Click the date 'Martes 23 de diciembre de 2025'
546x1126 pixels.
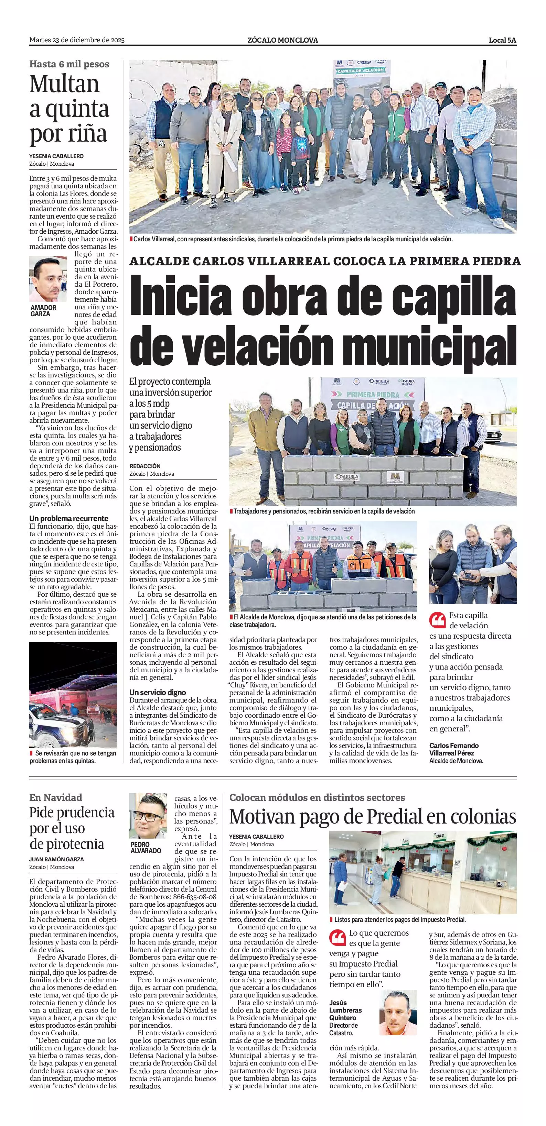click(77, 40)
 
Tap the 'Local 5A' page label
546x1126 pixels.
click(502, 40)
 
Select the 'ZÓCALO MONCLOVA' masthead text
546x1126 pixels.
click(282, 40)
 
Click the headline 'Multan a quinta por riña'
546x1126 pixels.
click(69, 109)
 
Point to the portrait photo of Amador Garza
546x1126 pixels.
click(48, 279)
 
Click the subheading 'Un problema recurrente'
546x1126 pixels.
click(69, 518)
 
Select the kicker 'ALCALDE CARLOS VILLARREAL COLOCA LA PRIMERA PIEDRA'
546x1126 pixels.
click(325, 261)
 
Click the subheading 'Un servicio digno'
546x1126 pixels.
click(158, 692)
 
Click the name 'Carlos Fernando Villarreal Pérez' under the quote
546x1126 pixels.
click(454, 749)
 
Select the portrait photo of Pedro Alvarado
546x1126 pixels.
click(148, 816)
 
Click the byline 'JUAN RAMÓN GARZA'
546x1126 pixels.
click(56, 859)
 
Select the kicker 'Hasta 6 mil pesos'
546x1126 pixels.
click(69, 64)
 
